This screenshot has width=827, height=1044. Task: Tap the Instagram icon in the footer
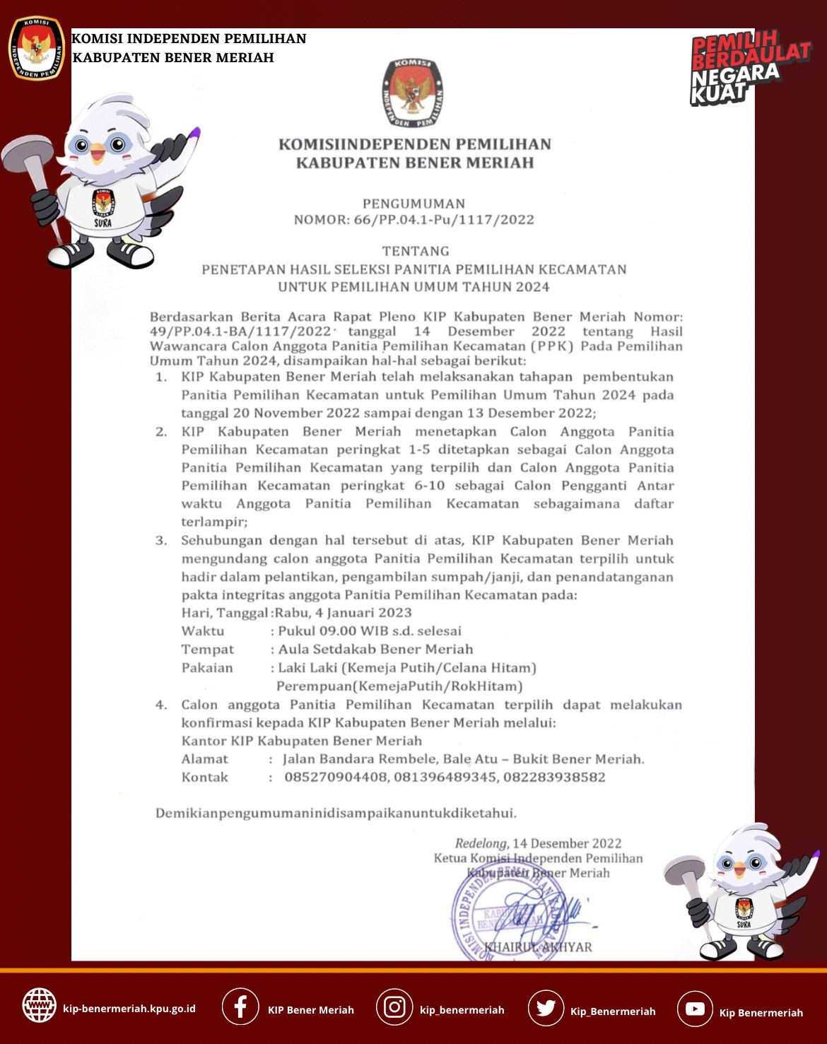point(394,1007)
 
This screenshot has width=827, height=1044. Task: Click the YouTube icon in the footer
point(695,1009)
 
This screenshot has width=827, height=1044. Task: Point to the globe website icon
point(40,1004)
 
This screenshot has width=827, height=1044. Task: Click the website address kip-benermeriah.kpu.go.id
point(129,1009)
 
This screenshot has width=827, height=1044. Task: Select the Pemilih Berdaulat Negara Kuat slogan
point(749,68)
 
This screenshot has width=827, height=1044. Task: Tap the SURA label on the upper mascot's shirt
point(102,223)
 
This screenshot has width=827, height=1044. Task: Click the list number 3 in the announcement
point(161,541)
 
